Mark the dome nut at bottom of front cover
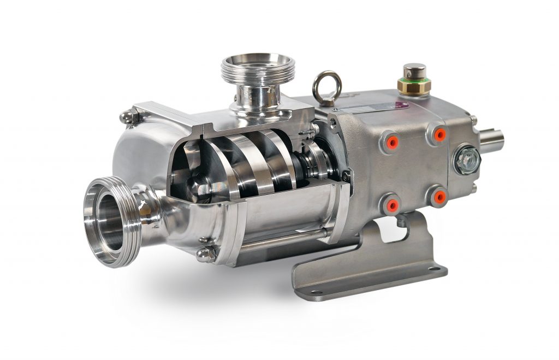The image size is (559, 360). tap(206, 254)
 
